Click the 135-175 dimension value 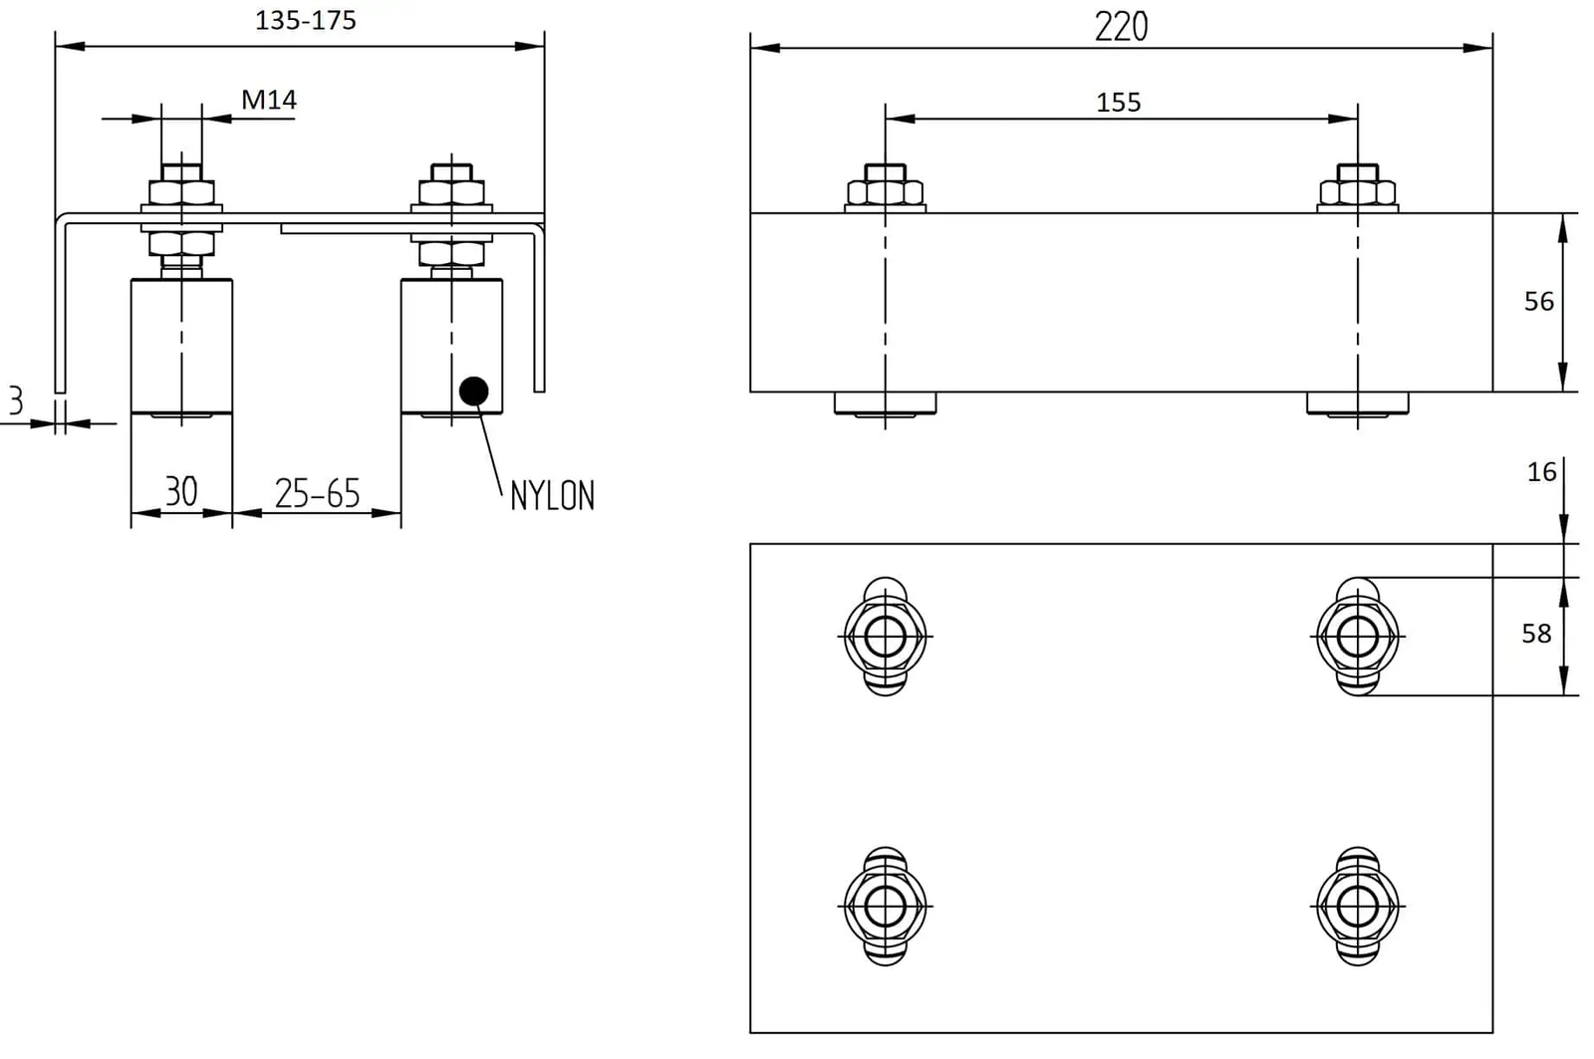click(305, 21)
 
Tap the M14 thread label click(269, 100)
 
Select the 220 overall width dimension click(1121, 27)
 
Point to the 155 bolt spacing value click(1118, 103)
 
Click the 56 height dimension click(1538, 302)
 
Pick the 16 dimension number click(1541, 472)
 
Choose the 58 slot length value click(1536, 634)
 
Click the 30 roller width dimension click(180, 491)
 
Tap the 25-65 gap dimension click(318, 493)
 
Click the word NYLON click(552, 496)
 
